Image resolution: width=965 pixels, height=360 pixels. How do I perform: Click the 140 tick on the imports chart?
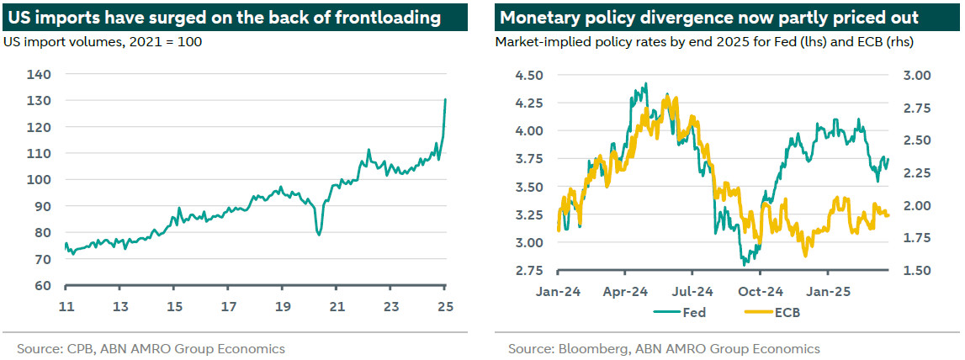point(40,74)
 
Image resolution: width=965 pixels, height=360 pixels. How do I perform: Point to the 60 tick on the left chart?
point(40,285)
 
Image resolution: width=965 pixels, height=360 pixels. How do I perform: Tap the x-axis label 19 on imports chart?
point(283,306)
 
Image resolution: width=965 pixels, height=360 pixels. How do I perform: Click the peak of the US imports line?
point(445,99)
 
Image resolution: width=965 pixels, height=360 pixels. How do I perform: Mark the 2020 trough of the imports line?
point(319,235)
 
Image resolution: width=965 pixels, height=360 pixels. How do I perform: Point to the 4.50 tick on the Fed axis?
point(529,75)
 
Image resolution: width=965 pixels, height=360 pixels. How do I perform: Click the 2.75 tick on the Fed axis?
point(529,270)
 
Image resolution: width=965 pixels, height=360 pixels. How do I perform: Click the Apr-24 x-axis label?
point(626,292)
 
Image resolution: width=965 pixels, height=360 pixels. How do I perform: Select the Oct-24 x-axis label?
point(761,292)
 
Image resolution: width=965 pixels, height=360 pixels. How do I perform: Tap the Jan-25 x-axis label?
point(828,292)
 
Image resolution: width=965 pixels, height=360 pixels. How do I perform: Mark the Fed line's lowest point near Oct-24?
point(744,265)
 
